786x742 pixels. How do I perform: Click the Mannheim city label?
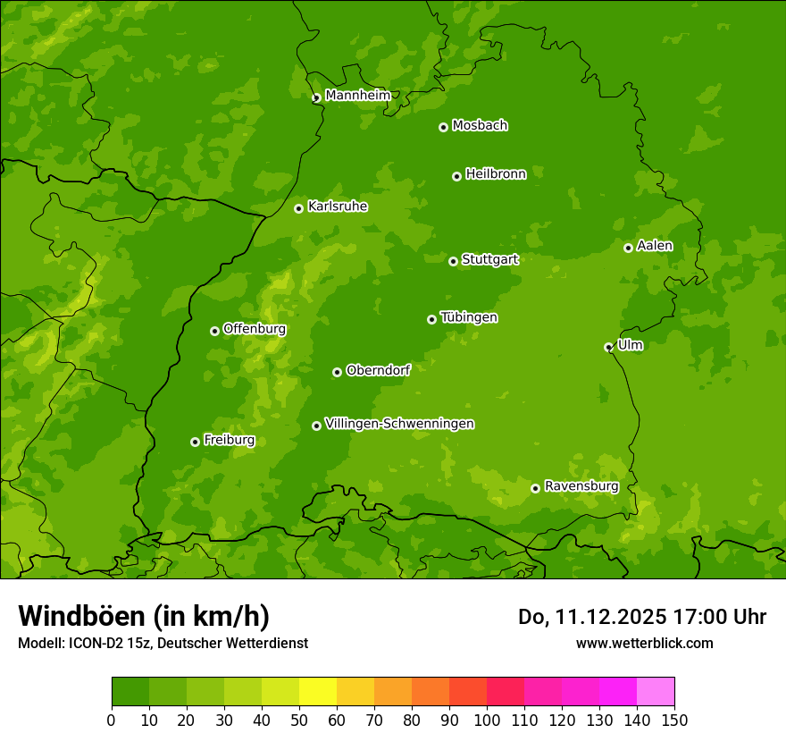click(357, 96)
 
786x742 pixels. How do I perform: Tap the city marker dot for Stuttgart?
click(453, 261)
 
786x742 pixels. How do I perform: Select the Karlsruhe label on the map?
click(338, 207)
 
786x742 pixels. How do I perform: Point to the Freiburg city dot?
click(195, 442)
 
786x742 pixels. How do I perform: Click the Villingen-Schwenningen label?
click(399, 424)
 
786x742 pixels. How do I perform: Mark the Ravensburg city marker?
click(535, 488)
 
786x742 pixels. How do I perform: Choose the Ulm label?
click(630, 345)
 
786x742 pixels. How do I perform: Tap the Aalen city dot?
click(628, 248)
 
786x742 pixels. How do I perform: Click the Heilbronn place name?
click(496, 174)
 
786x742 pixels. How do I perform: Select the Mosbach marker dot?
click(443, 127)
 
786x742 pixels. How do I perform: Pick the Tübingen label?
click(469, 317)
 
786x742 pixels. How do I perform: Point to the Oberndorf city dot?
click(337, 372)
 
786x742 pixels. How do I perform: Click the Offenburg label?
click(255, 329)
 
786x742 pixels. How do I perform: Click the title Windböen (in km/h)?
click(144, 616)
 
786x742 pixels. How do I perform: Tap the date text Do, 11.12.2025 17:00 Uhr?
click(641, 617)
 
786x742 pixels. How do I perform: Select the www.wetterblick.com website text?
click(644, 643)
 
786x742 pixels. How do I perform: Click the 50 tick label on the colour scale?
click(299, 721)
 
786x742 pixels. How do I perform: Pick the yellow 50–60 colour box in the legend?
click(318, 692)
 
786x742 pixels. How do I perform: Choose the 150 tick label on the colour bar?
click(674, 721)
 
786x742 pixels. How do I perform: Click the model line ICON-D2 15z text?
click(163, 643)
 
